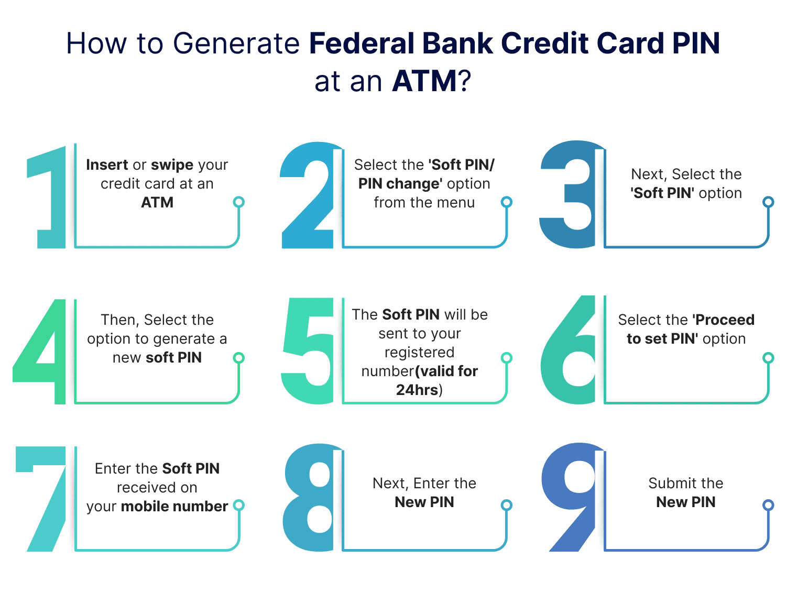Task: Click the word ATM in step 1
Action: (157, 203)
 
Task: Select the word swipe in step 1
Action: (172, 165)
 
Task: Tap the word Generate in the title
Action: (236, 43)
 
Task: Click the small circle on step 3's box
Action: (768, 202)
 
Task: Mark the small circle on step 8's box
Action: (506, 506)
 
